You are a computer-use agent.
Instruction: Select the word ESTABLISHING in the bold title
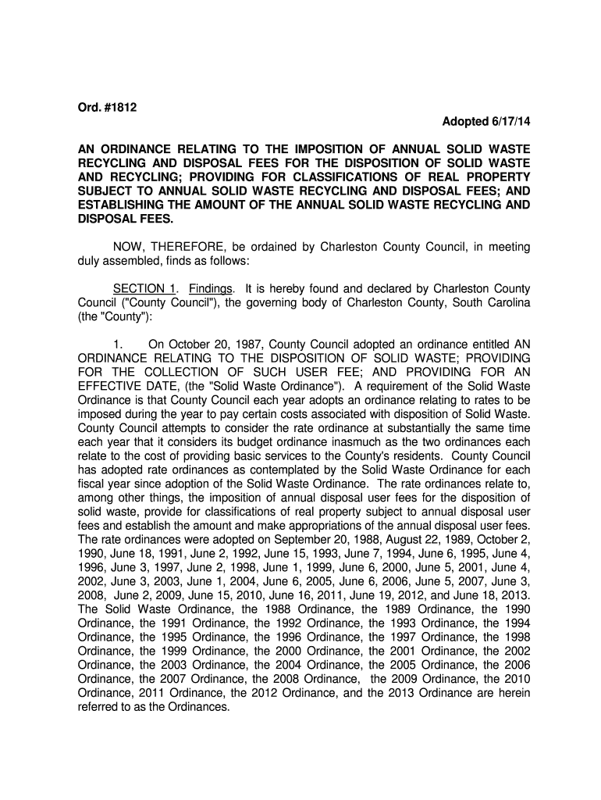click(123, 205)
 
